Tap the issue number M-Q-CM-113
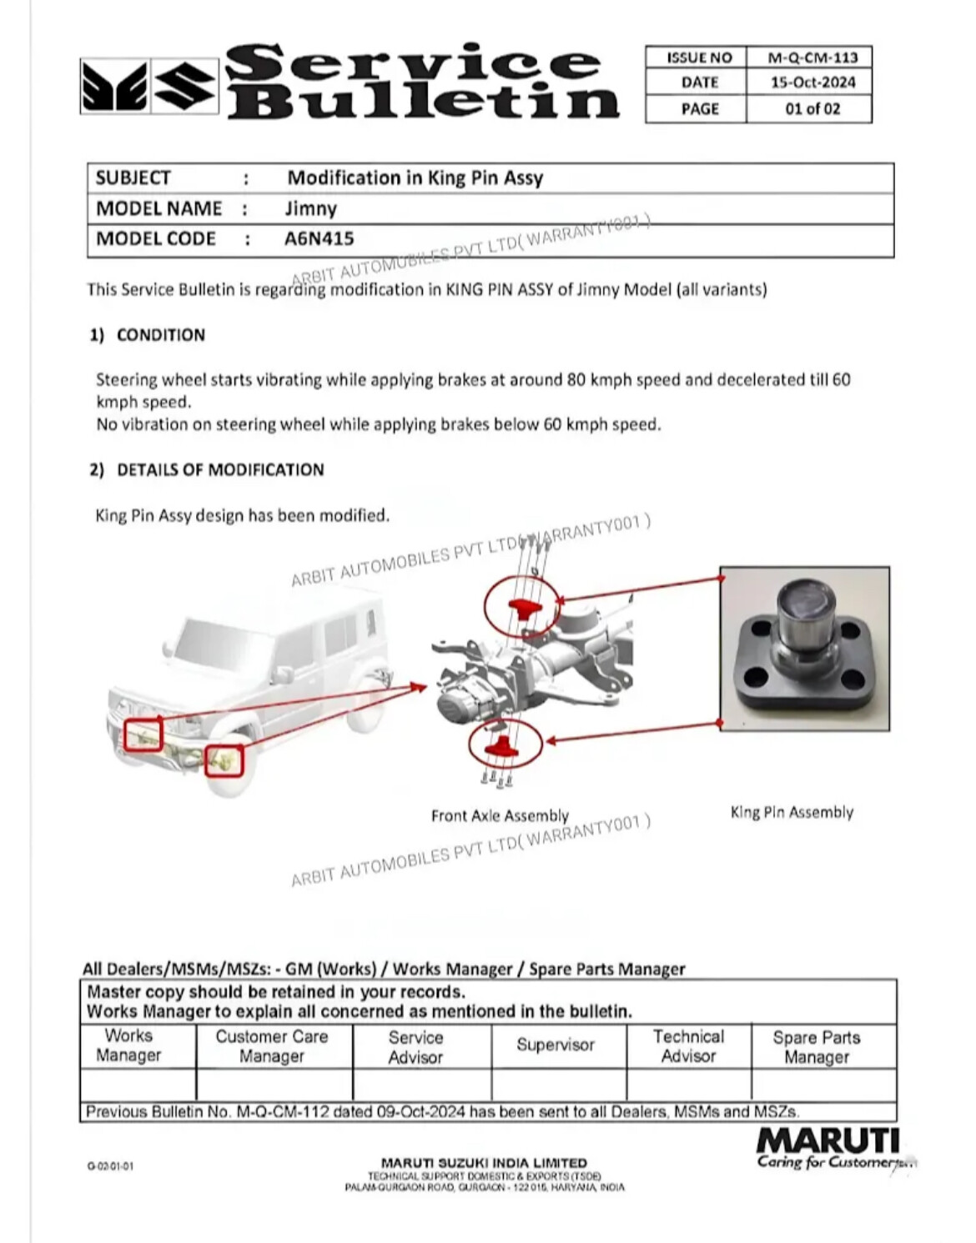812,58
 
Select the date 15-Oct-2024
812,83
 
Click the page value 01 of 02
812,108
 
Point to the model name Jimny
311,208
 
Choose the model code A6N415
319,238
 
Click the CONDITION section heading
160,335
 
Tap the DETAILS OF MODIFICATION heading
220,469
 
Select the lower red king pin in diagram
502,744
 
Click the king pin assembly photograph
804,649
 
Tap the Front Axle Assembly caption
500,815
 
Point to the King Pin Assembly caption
792,812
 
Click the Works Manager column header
128,1045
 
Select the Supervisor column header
556,1045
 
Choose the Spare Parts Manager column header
816,1047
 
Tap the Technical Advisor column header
688,1046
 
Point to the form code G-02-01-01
109,1166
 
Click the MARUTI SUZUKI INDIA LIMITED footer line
484,1162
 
